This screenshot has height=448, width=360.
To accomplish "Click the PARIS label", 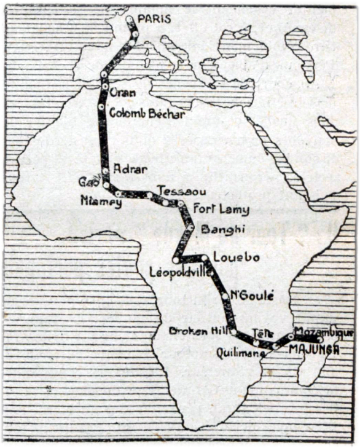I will tap(155, 19).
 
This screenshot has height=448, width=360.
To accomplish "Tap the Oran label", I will tap(123, 93).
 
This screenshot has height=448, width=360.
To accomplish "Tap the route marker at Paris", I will tap(130, 19).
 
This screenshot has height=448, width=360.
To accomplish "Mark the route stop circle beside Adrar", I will tap(106, 170).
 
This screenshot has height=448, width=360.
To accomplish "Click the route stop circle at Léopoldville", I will tap(176, 260).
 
